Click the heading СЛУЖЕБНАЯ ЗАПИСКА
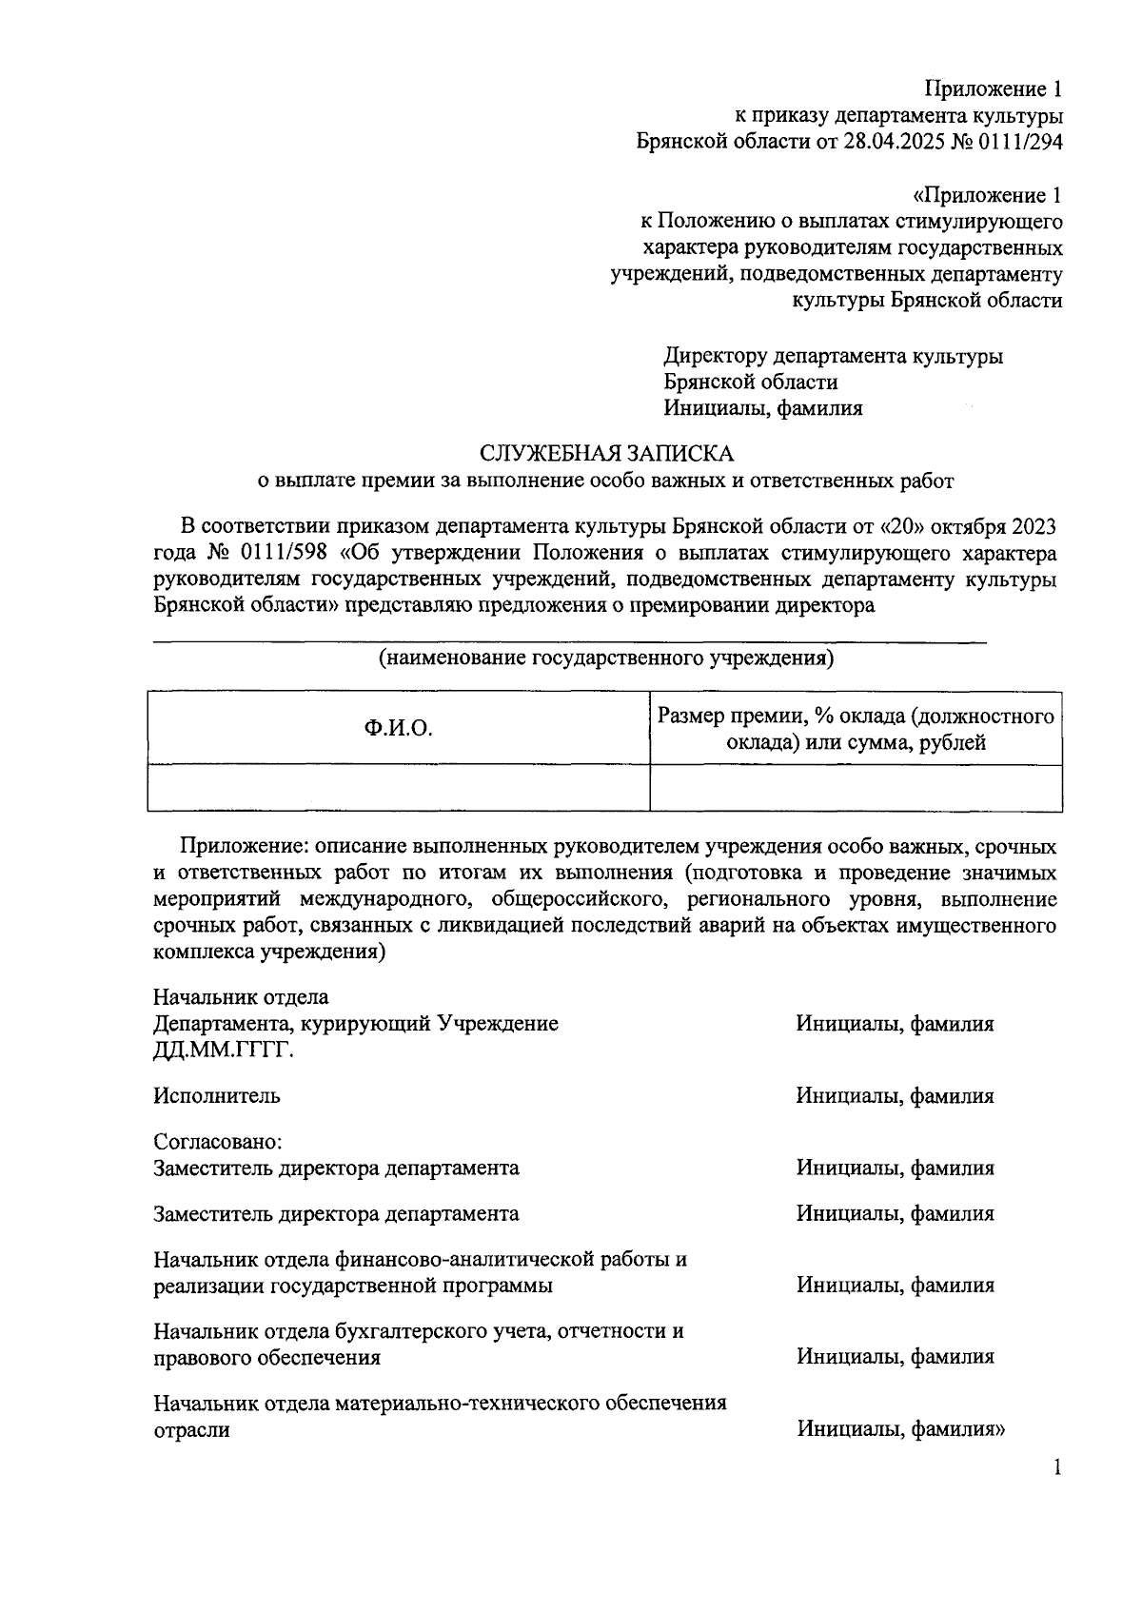click(606, 453)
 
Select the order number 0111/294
click(1016, 142)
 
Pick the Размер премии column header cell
click(856, 729)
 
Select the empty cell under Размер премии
click(856, 788)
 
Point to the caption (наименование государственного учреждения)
click(606, 658)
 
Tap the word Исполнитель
click(217, 1095)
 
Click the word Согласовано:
click(219, 1141)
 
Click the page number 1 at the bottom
click(1056, 1468)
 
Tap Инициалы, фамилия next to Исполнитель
click(895, 1096)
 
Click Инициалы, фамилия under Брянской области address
click(763, 408)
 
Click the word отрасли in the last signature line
click(191, 1429)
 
